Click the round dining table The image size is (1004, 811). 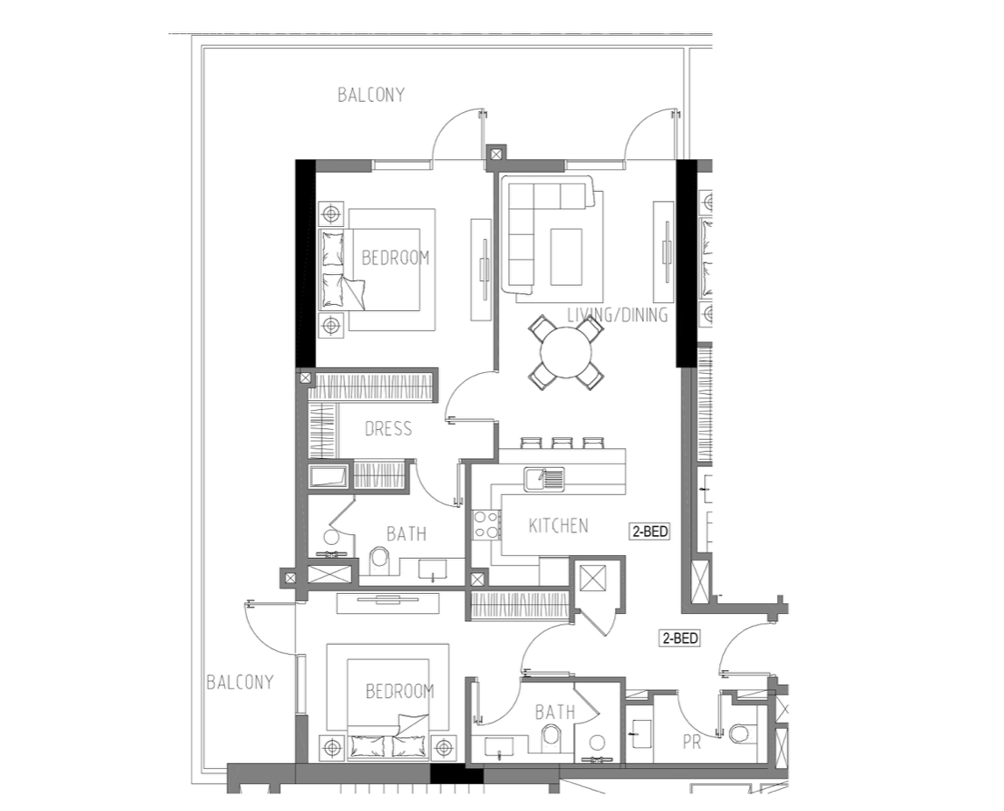pos(566,353)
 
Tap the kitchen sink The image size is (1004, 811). pos(544,479)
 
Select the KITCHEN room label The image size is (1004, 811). pos(558,525)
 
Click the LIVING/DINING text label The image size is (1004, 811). pos(618,315)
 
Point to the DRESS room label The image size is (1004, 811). pos(388,428)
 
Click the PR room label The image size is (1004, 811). pos(691,742)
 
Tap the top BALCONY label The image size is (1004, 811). pos(371,95)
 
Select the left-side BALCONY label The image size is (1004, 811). pos(240,682)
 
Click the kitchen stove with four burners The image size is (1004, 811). pos(486,525)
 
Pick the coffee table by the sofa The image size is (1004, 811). pos(566,257)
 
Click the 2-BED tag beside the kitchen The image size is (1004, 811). pos(651,532)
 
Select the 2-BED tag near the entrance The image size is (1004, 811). pos(680,638)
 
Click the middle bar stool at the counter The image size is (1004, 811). pos(562,443)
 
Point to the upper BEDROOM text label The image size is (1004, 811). pos(396,257)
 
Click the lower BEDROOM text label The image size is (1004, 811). pos(399,691)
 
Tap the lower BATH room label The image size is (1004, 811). pos(555,712)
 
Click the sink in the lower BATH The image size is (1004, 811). pos(498,746)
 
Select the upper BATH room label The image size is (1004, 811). pos(407,533)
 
